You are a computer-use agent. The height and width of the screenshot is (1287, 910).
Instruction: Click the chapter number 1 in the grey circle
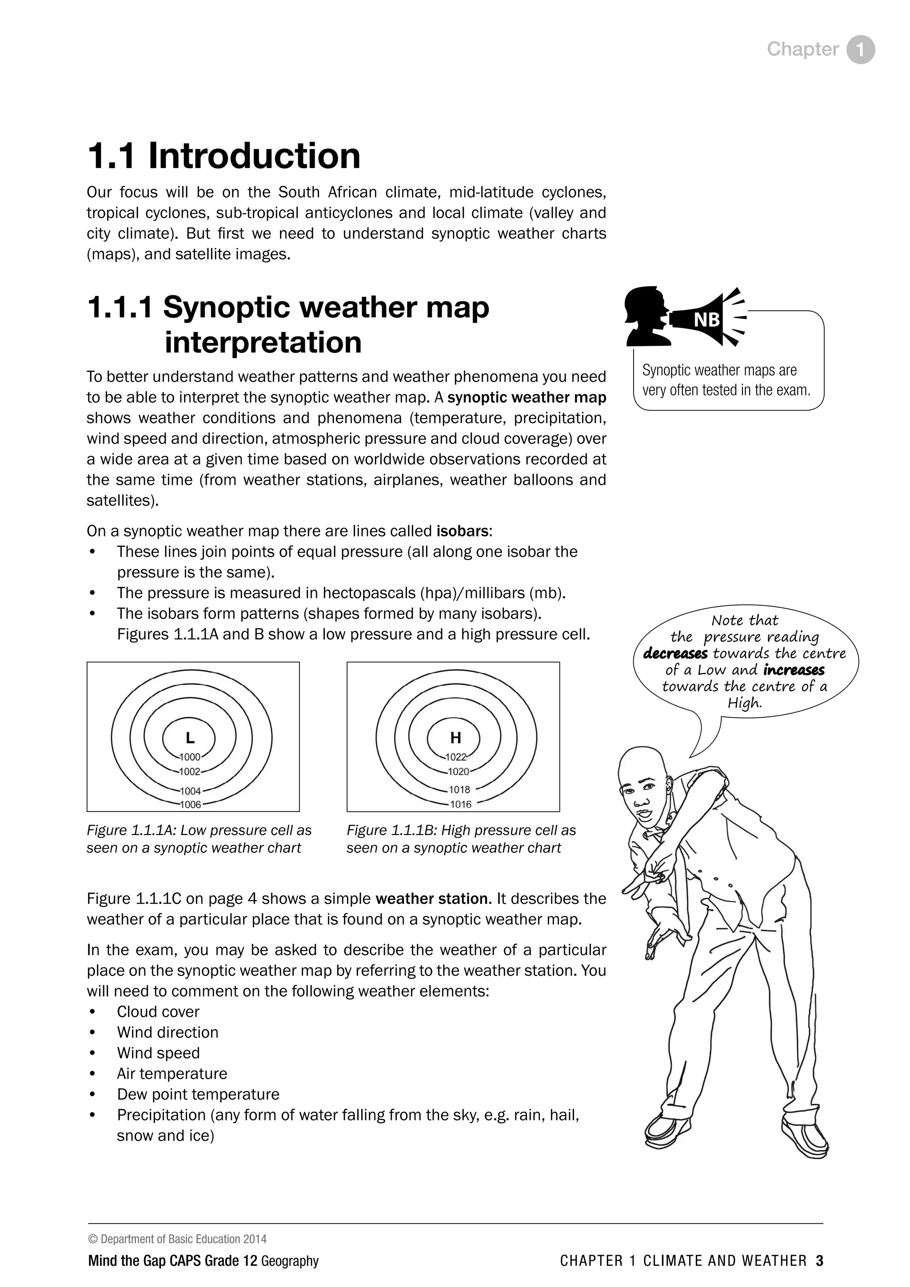860,50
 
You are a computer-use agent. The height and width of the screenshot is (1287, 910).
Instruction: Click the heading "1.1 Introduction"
224,156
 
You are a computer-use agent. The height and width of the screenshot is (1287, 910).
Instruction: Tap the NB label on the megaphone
706,320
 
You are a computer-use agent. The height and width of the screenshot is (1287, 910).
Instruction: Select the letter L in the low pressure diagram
190,738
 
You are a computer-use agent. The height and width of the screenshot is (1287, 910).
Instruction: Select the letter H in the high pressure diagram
455,738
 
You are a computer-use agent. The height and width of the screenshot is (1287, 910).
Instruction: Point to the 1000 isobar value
190,757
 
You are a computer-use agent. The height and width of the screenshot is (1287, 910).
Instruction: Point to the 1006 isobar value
190,805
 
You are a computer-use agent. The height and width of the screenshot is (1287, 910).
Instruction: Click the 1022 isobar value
455,757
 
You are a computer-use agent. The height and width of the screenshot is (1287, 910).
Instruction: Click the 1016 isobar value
461,804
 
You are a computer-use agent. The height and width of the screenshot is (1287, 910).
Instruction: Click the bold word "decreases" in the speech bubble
675,654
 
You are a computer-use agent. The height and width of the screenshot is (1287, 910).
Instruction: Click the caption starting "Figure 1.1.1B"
461,839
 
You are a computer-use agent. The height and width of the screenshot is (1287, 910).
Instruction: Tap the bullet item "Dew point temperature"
198,1094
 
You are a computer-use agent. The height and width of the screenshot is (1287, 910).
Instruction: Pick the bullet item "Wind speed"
158,1053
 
